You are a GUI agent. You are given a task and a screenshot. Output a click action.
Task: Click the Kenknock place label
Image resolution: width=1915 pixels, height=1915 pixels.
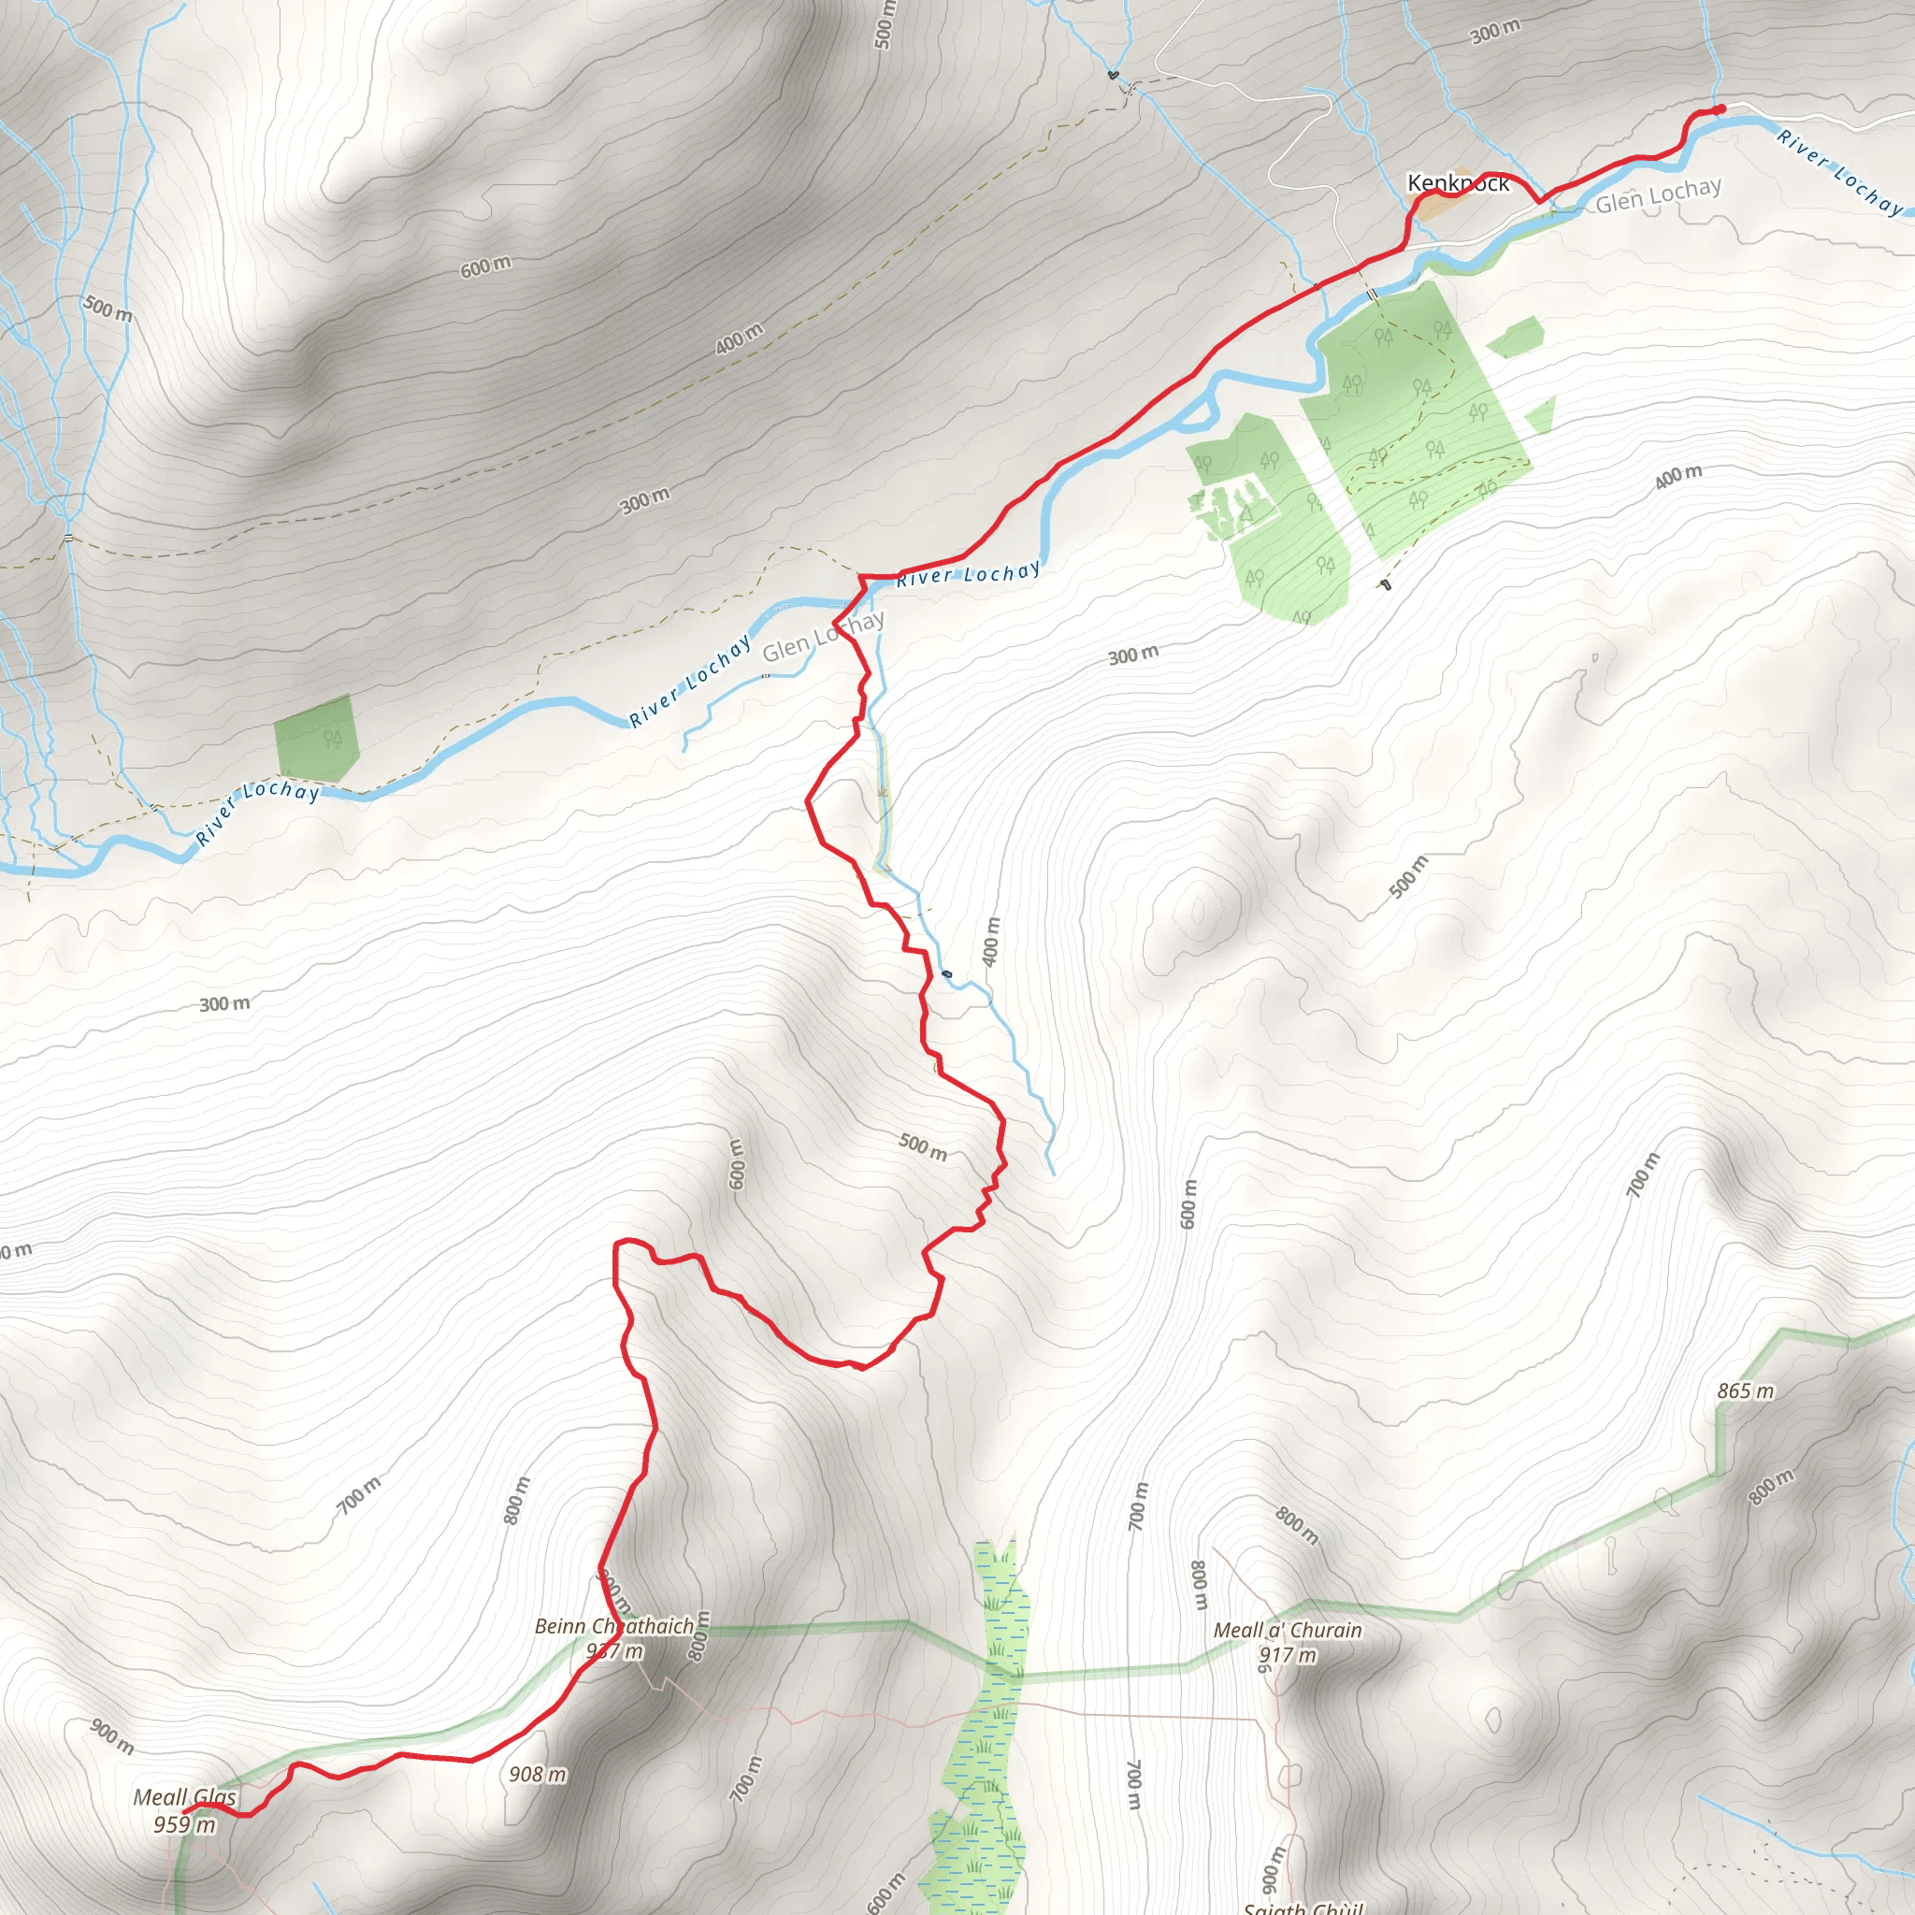[x=1458, y=183]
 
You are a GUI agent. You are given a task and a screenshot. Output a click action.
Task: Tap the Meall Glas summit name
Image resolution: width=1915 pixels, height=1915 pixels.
[x=185, y=1797]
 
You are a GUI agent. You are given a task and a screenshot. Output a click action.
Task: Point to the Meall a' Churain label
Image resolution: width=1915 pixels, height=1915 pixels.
[x=1288, y=1631]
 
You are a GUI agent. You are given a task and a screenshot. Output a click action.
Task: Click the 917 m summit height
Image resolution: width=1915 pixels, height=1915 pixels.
[x=1288, y=1655]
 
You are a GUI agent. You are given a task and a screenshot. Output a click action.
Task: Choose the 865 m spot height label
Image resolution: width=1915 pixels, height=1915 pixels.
[x=1746, y=1391]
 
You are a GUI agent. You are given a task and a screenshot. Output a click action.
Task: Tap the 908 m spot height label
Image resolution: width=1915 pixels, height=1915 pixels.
[x=538, y=1774]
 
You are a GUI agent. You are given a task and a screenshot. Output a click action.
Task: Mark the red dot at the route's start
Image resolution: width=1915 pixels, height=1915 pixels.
[x=1721, y=109]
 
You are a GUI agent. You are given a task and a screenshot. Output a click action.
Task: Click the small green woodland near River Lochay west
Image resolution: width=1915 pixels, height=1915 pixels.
[x=315, y=739]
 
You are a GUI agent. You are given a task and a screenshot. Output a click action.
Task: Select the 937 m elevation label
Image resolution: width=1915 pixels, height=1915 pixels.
[x=614, y=1651]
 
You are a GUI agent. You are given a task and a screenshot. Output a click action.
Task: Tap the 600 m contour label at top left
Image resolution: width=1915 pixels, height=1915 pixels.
[x=485, y=266]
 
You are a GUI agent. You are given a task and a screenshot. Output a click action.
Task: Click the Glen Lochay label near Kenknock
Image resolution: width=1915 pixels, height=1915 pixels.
[x=1658, y=195]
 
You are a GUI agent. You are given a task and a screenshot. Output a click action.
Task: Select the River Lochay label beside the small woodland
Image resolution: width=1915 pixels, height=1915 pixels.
[x=258, y=811]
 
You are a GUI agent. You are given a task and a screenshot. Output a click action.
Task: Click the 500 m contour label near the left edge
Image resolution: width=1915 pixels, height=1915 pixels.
[x=107, y=308]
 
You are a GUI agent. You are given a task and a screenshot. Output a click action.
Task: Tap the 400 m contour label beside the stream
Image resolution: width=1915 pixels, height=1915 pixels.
[x=991, y=942]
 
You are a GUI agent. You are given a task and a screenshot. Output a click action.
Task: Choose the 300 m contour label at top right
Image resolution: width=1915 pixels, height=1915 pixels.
[x=1495, y=32]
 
